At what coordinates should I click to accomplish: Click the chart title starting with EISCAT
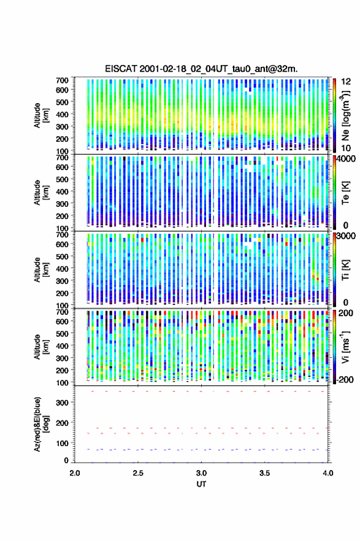coord(201,69)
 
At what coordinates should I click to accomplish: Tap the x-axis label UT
coord(201,484)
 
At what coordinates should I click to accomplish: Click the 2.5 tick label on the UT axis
coord(138,473)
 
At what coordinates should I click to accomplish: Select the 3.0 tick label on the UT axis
coord(201,473)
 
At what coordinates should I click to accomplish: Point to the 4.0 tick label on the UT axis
coord(328,473)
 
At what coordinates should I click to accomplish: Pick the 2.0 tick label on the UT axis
coord(75,473)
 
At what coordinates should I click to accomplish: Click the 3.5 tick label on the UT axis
coord(265,473)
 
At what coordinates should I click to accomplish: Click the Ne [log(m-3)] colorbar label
coord(345,115)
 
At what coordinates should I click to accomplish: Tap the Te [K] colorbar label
coord(345,193)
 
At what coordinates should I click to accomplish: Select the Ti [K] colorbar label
coord(345,270)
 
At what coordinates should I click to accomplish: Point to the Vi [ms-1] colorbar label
coord(345,347)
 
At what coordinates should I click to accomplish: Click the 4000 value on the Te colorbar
coord(347,160)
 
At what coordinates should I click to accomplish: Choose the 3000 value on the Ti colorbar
coord(347,236)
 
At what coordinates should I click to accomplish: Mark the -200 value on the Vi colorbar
coord(345,379)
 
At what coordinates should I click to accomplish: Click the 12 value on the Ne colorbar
coord(347,82)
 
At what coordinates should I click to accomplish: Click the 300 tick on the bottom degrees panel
coord(62,403)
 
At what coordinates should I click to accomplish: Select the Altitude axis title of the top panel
coord(41,115)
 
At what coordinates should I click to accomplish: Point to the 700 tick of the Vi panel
coord(62,312)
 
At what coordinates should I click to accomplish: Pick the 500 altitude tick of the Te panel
coord(62,179)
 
